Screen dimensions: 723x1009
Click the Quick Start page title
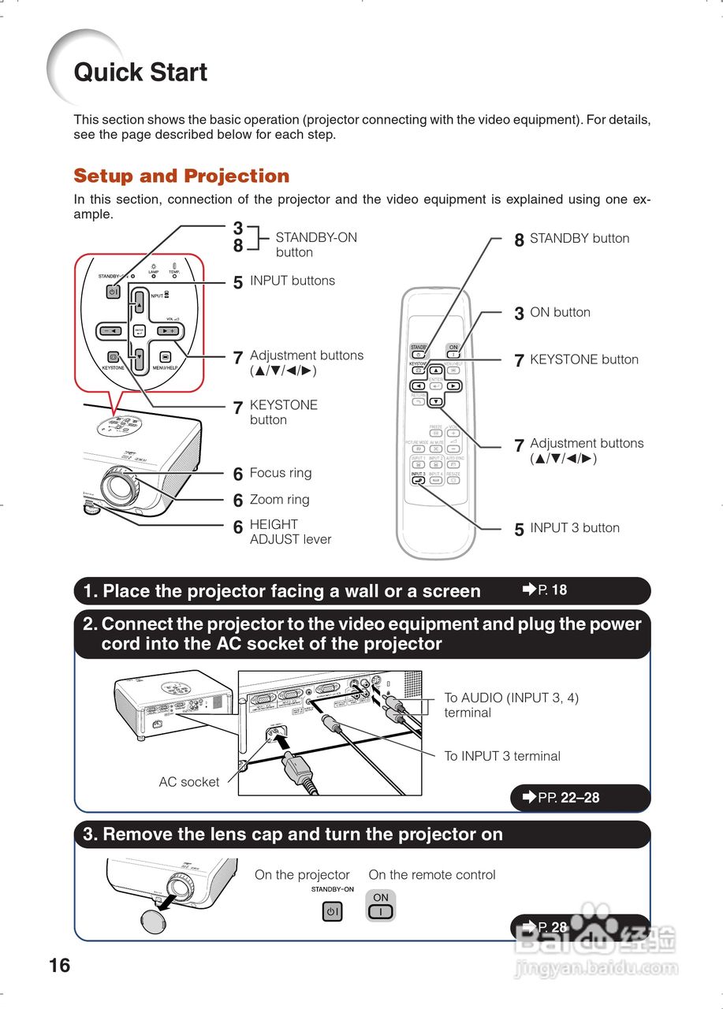click(x=140, y=73)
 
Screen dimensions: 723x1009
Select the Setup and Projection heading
click(x=181, y=176)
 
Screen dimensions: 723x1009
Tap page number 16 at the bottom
click(x=59, y=965)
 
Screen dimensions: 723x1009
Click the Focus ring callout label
click(x=280, y=473)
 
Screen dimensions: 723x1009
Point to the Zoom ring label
click(x=279, y=500)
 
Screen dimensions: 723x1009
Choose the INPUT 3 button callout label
click(x=574, y=528)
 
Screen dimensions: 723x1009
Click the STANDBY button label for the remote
click(x=579, y=238)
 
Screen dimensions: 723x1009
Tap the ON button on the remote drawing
click(x=453, y=352)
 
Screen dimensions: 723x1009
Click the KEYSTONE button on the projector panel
click(x=113, y=356)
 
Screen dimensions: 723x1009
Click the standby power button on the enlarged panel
click(x=113, y=292)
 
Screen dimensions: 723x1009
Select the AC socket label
click(x=189, y=782)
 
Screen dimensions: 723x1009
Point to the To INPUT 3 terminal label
click(x=501, y=756)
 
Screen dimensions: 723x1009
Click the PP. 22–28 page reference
click(x=568, y=798)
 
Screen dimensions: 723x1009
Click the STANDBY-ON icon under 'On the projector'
click(x=333, y=912)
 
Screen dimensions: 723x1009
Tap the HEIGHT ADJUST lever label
click(x=290, y=532)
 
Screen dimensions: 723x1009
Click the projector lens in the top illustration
click(x=120, y=488)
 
